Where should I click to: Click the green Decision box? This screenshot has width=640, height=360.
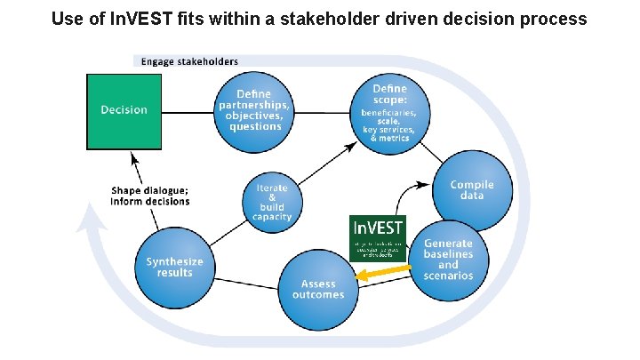pyautogui.click(x=124, y=111)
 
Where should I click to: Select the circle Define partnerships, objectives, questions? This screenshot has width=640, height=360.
pyautogui.click(x=254, y=110)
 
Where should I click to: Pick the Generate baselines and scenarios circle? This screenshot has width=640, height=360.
pyautogui.click(x=448, y=258)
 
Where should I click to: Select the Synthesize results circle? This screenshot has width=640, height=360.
pyautogui.click(x=174, y=266)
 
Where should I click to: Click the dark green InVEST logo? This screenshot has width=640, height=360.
pyautogui.click(x=378, y=238)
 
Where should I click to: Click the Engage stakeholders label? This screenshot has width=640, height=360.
pyautogui.click(x=189, y=61)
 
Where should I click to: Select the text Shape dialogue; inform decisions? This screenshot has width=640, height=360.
pyautogui.click(x=150, y=196)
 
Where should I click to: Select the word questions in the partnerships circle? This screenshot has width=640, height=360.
pyautogui.click(x=254, y=127)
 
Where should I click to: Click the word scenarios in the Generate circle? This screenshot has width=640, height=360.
pyautogui.click(x=448, y=276)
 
